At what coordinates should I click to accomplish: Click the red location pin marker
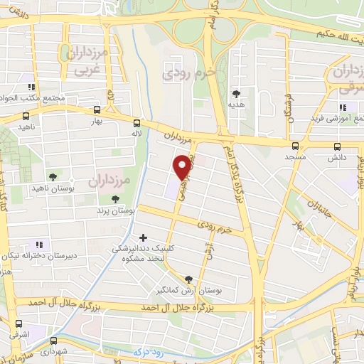click(183, 166)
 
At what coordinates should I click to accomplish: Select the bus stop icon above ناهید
click(26, 115)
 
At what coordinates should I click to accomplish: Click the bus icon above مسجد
click(294, 145)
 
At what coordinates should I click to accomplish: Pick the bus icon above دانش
click(338, 145)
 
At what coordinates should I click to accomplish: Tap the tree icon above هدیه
click(235, 93)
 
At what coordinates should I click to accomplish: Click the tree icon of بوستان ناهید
click(52, 176)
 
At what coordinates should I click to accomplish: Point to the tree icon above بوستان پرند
click(105, 200)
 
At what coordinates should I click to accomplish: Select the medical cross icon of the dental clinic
click(144, 237)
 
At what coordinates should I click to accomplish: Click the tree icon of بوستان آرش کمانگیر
click(188, 279)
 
